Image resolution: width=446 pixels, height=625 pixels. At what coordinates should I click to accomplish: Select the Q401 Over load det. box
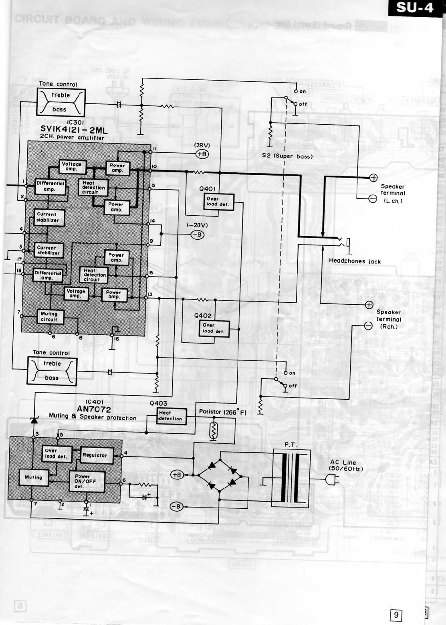(218, 202)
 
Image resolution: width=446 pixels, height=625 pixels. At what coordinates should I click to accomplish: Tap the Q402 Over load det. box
(214, 328)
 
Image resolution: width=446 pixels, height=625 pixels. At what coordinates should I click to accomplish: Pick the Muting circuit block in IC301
(49, 317)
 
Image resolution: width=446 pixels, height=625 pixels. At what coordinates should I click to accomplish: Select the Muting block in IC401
(33, 477)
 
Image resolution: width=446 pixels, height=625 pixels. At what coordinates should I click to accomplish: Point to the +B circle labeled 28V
(202, 154)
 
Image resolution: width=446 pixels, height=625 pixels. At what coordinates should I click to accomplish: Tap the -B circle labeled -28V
(198, 235)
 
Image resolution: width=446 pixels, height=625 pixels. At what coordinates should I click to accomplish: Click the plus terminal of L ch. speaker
(373, 178)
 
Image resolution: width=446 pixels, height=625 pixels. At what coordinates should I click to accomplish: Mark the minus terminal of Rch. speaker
(368, 326)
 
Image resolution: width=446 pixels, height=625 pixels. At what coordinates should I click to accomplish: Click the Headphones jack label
(355, 261)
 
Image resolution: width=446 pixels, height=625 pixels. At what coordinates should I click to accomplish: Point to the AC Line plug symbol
(332, 479)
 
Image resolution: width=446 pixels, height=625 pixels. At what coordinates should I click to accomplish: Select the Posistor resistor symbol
(213, 431)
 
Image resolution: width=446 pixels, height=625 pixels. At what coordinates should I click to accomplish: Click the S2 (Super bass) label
(287, 156)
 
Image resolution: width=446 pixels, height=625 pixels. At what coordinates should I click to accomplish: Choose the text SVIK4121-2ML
(74, 129)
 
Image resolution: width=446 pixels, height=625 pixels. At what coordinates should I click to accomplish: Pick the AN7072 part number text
(94, 409)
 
